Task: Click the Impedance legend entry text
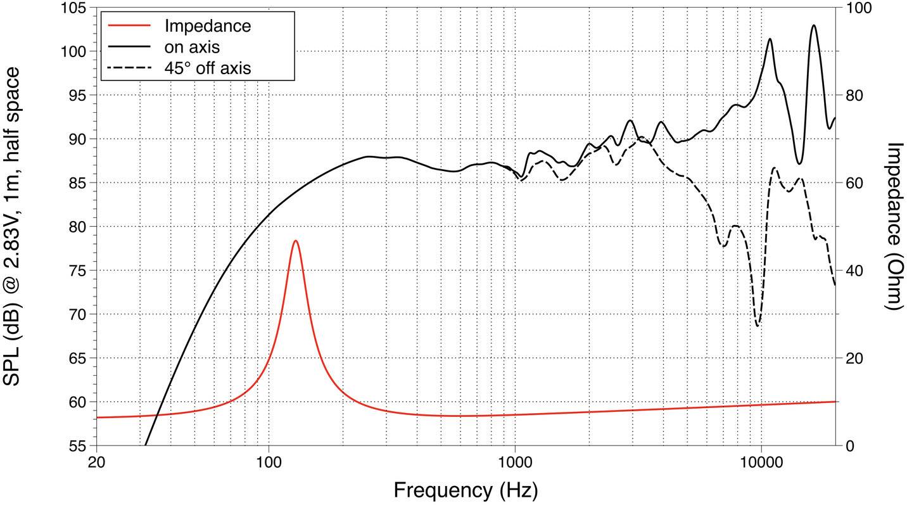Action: click(x=207, y=26)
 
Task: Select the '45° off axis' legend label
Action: click(x=207, y=68)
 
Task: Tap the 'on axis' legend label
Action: click(x=192, y=47)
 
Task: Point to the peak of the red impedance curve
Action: click(x=295, y=241)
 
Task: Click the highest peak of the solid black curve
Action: click(x=814, y=25)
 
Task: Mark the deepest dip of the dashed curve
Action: click(x=758, y=326)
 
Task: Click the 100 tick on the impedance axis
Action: click(x=854, y=8)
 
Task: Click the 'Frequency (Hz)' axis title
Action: click(x=466, y=490)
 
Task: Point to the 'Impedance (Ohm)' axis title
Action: click(x=893, y=226)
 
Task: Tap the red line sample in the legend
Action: click(x=130, y=26)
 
